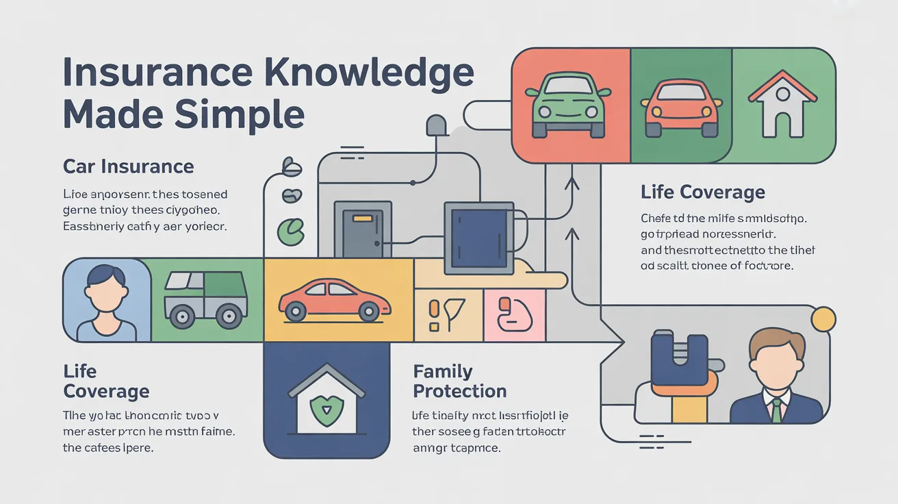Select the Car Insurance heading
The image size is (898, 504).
129,166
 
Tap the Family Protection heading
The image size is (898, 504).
459,381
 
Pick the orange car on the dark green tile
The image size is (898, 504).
681,108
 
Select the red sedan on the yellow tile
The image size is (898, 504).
335,299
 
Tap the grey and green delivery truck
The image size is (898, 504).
205,299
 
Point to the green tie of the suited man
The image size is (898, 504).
776,410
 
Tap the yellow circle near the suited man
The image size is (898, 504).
823,318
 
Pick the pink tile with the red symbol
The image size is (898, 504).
514,314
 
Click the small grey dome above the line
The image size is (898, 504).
436,126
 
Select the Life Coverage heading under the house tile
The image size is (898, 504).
702,192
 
